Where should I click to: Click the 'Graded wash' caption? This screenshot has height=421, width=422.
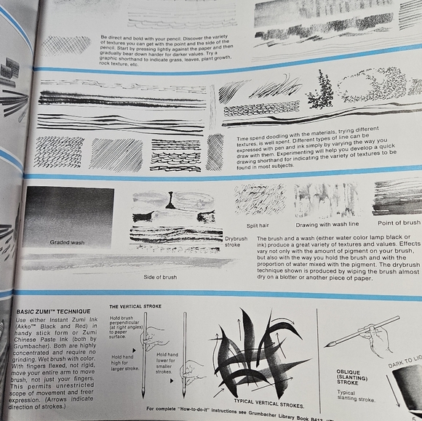(x=67, y=242)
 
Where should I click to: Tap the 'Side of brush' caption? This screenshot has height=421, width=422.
(x=160, y=277)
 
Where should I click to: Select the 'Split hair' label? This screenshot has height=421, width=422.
(x=258, y=226)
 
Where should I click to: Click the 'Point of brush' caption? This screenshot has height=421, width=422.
(x=398, y=222)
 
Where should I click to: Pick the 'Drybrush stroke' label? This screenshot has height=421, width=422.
(x=236, y=241)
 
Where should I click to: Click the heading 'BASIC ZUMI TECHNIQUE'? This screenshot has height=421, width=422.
(x=50, y=311)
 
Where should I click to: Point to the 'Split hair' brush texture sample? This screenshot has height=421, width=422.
(x=259, y=199)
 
